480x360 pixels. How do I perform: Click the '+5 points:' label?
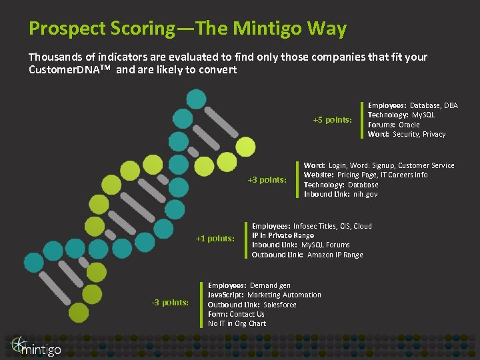(332, 120)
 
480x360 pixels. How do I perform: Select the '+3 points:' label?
(267, 179)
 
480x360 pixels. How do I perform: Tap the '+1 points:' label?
(215, 239)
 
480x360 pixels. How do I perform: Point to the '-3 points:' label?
(171, 303)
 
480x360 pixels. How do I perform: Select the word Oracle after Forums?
(409, 125)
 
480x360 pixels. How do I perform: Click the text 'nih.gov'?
(365, 194)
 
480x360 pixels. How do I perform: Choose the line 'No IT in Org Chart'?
(237, 323)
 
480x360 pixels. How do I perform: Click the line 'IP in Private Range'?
(283, 235)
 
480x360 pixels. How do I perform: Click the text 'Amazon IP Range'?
(335, 255)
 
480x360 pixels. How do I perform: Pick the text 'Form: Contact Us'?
(236, 314)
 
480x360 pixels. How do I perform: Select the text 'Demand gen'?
(270, 285)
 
